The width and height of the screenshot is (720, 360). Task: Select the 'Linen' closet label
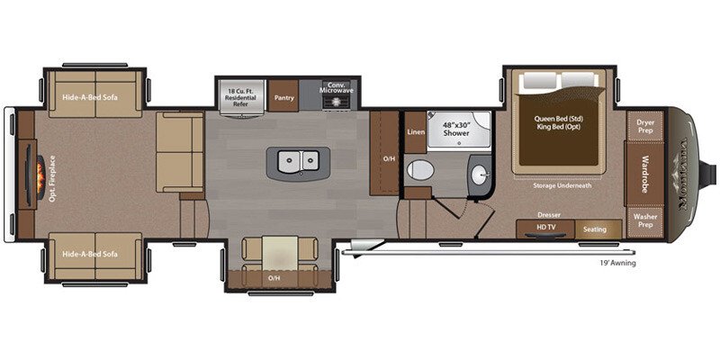[x=415, y=132]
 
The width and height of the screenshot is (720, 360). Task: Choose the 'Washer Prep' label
[x=644, y=220]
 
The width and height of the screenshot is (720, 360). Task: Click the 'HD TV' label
[x=546, y=228]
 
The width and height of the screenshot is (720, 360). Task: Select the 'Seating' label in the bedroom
[x=594, y=229]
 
